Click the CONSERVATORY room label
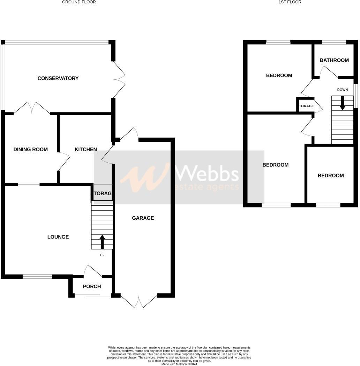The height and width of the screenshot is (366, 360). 58,78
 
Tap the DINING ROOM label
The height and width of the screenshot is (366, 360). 30,149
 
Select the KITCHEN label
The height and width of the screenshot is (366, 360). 86,149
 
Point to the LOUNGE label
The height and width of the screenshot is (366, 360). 58,237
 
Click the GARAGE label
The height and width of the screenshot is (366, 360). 143,218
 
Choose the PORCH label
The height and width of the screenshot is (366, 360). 92,286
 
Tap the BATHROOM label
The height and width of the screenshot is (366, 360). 334,60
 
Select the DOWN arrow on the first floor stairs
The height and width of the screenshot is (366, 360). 343,103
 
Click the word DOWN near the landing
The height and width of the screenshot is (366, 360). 342,90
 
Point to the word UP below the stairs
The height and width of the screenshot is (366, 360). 102,255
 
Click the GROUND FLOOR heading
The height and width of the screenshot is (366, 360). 79,2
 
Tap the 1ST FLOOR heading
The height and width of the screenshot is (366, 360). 290,2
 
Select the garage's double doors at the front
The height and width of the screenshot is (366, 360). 139,301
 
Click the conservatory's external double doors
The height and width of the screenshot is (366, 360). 119,80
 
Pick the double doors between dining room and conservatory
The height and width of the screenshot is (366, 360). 32,108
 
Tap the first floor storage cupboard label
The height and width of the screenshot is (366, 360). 306,106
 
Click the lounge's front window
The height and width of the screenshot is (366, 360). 37,277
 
